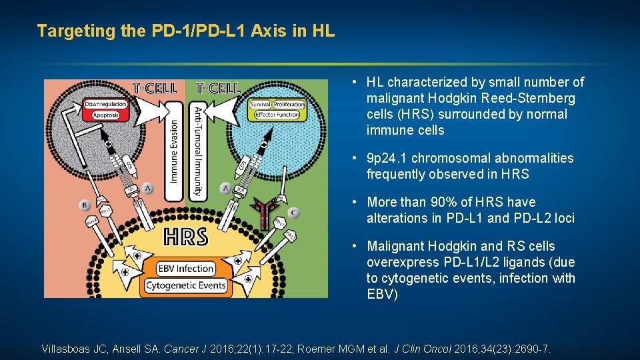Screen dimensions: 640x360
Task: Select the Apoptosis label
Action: [105, 115]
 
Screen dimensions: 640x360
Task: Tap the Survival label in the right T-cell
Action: [259, 105]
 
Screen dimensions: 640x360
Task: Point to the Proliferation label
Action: [289, 105]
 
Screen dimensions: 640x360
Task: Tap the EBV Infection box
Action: [186, 269]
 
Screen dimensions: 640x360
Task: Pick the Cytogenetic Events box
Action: [186, 286]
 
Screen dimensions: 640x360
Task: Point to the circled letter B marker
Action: [85, 204]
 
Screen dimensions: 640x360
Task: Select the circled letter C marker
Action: [293, 213]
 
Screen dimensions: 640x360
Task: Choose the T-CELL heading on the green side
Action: [218, 88]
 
